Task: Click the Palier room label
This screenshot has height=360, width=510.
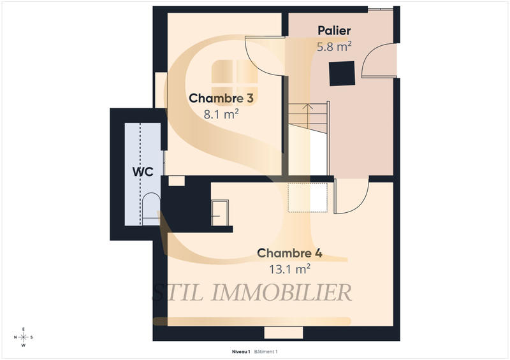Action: tap(334, 31)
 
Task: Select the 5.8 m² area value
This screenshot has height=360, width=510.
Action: tap(334, 46)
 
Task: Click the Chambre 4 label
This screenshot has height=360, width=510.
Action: tap(289, 253)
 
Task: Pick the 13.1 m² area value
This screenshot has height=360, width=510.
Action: tap(289, 268)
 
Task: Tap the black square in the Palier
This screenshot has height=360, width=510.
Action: tap(342, 73)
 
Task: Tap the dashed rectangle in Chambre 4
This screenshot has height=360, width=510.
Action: tap(308, 198)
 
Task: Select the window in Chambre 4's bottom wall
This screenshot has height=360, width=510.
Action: tap(284, 333)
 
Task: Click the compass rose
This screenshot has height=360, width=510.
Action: tap(24, 337)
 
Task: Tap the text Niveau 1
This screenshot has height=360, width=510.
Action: tap(240, 351)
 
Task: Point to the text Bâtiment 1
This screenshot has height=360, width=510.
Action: tap(266, 351)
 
